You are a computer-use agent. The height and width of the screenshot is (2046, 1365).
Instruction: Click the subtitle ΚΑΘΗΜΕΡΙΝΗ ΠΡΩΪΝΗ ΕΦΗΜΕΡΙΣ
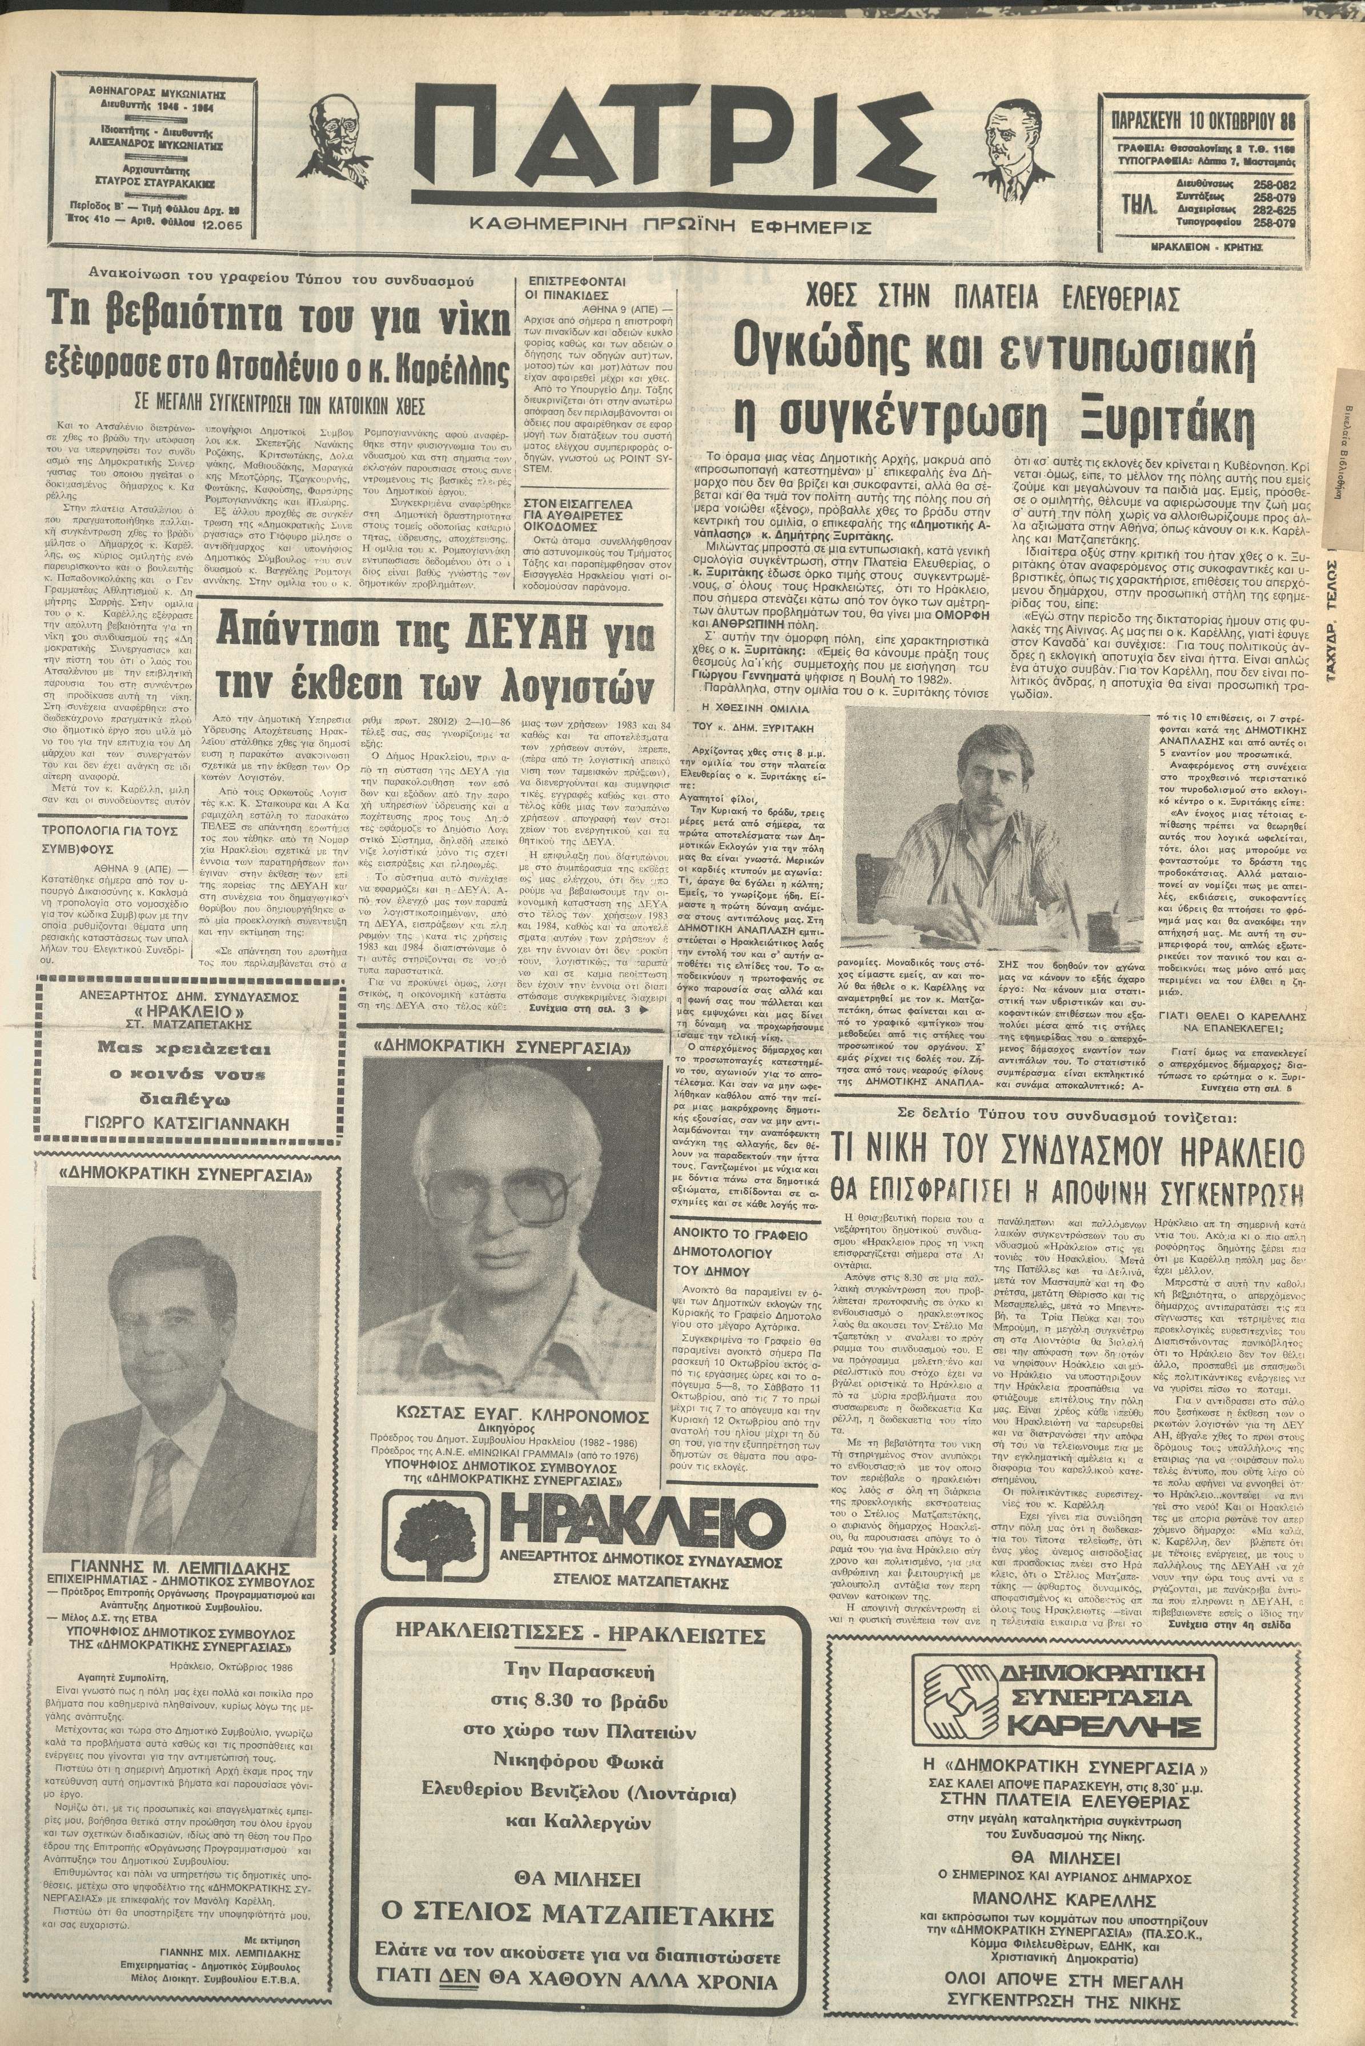(669, 227)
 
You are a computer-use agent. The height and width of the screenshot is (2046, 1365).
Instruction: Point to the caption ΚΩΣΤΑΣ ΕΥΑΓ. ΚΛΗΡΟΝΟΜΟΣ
(500, 1415)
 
